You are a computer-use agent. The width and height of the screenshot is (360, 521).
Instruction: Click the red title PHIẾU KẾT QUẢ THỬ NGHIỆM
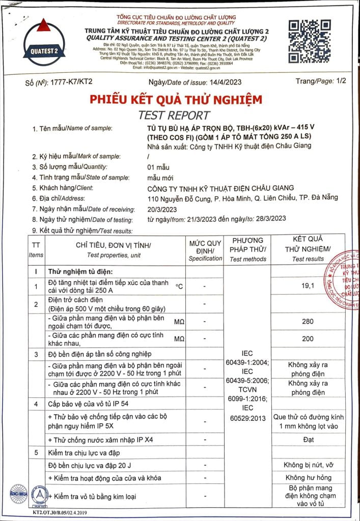coord(176,100)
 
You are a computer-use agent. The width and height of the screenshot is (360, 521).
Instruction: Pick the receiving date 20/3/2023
coord(161,209)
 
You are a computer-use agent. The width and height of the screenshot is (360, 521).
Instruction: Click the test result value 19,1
coord(308,286)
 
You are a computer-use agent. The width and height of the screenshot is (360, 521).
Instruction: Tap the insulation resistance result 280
coord(308,322)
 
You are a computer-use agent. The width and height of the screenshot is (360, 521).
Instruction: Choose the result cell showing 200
coord(308,339)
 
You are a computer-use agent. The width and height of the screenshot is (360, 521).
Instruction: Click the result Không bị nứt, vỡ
coord(308,465)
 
